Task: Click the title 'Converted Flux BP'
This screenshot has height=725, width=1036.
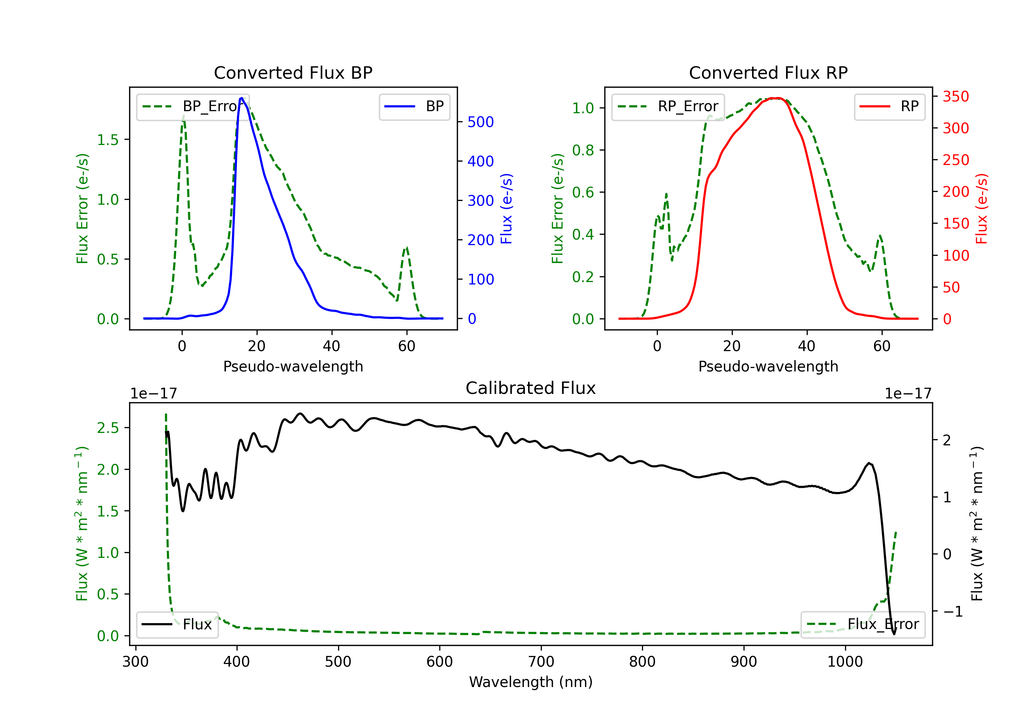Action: [293, 72]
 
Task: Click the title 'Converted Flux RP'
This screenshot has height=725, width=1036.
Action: [768, 72]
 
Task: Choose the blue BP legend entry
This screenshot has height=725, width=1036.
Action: [414, 106]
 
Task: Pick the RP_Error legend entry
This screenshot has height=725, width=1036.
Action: [668, 106]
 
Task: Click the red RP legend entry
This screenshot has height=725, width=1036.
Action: [889, 106]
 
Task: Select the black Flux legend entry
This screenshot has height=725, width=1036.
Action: [177, 625]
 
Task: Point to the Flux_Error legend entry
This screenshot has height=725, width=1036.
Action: [863, 625]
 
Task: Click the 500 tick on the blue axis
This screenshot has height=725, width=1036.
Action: [481, 122]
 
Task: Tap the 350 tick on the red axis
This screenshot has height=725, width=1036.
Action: [956, 97]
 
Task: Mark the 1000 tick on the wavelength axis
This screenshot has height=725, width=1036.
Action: [845, 662]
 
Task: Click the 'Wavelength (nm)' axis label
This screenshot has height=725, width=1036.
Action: [531, 682]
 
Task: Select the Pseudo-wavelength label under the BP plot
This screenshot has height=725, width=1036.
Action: [293, 366]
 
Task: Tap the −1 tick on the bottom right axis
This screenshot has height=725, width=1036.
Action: [952, 612]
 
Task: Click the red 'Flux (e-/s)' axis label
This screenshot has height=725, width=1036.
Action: [981, 209]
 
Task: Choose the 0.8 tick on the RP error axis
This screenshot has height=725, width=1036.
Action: [583, 150]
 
